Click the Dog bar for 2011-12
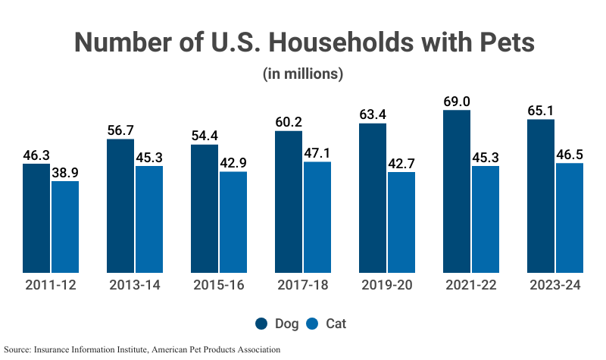pyautogui.click(x=36, y=218)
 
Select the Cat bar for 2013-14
pyautogui.click(x=149, y=219)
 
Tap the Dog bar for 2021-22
pyautogui.click(x=457, y=191)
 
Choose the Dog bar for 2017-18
pyautogui.click(x=289, y=202)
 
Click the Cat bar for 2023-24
pyautogui.click(x=570, y=218)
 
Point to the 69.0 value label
pyautogui.click(x=457, y=101)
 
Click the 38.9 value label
pyautogui.click(x=65, y=172)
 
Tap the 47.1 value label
pyautogui.click(x=317, y=152)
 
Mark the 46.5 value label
pyautogui.click(x=570, y=154)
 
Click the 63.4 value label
pyautogui.click(x=373, y=114)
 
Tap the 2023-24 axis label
pyautogui.click(x=555, y=286)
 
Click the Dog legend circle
pyautogui.click(x=261, y=324)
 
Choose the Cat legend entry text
pyautogui.click(x=336, y=324)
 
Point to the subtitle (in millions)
pyautogui.click(x=303, y=74)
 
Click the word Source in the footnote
pyautogui.click(x=18, y=349)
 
